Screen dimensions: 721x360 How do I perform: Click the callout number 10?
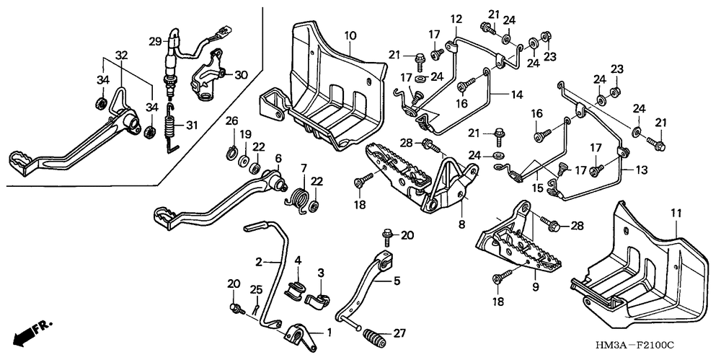[350, 35]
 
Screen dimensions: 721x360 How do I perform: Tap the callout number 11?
[676, 213]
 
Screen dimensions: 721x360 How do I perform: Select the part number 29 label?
[156, 41]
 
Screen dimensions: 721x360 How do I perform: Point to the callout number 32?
[121, 56]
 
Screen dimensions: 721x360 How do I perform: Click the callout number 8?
[461, 224]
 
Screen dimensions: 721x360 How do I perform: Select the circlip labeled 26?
[233, 152]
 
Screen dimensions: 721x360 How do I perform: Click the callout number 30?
[241, 74]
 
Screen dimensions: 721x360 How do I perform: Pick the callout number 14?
[516, 95]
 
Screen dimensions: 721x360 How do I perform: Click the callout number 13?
[642, 170]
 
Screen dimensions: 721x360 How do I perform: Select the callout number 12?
[456, 19]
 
